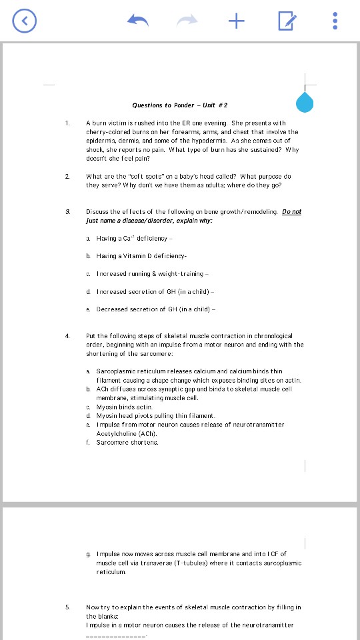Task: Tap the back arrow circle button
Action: point(24,21)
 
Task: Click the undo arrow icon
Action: point(138,21)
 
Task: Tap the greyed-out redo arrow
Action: point(187,21)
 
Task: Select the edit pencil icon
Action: point(286,21)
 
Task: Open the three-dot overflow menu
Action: point(335,21)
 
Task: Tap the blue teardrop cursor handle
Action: point(305,103)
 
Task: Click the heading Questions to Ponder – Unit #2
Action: point(180,105)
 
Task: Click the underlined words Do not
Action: point(291,211)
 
